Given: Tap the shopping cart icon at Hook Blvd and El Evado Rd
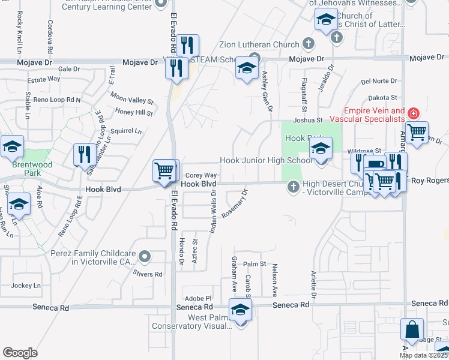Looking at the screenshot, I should pos(164,171).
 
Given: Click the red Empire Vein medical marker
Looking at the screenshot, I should pos(412,113).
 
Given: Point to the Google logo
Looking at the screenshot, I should pos(20,353).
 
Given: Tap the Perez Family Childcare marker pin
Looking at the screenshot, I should pos(144,257).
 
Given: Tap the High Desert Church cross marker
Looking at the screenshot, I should pos(294,187).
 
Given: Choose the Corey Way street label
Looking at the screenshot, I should pos(205,175).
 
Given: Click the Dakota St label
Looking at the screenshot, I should pos(382,97).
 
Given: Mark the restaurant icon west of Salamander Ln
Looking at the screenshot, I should pos(83,155).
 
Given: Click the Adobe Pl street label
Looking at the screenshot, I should pos(199,298).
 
